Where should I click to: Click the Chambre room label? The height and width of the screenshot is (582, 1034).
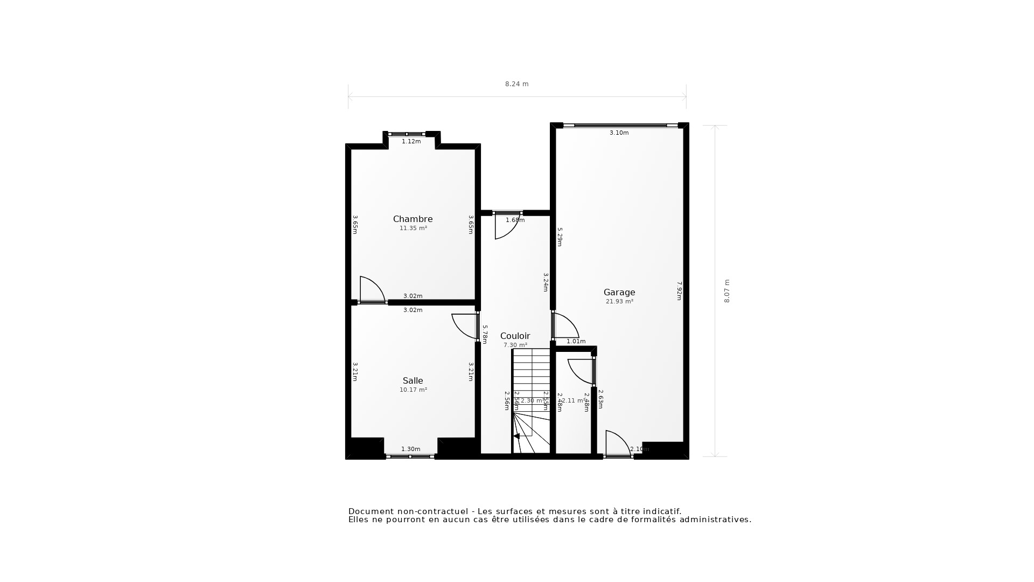[413, 219]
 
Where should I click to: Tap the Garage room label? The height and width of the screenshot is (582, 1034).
[619, 293]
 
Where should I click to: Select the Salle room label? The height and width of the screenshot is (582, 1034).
[413, 380]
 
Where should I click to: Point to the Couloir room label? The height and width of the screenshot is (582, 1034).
[515, 336]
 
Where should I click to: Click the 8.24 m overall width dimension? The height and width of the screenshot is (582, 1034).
[516, 84]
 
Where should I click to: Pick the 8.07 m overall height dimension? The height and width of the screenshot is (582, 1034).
[726, 291]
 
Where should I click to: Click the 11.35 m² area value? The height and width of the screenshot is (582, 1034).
[413, 228]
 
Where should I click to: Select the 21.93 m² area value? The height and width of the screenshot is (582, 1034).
[619, 302]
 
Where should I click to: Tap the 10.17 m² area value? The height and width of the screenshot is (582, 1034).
[413, 390]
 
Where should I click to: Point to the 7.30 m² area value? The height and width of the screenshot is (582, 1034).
[515, 345]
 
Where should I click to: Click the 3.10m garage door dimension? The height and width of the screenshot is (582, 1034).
[619, 133]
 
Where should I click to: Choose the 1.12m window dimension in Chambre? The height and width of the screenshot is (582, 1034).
[411, 141]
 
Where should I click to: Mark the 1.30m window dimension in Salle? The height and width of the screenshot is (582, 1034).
[410, 449]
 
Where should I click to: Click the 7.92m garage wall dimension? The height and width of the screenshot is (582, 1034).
[679, 291]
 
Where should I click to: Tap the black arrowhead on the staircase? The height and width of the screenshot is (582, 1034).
[516, 436]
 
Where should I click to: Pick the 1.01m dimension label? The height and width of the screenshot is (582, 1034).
[576, 341]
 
